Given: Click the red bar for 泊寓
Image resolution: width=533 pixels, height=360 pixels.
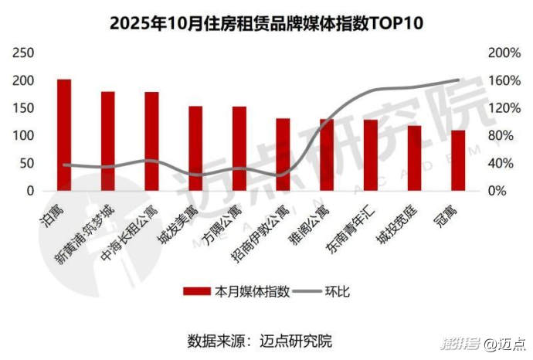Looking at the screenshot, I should [x=64, y=135].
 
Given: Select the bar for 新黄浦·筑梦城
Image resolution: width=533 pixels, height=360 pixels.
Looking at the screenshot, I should [x=108, y=141].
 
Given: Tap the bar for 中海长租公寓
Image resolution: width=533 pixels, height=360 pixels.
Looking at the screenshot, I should [x=151, y=141].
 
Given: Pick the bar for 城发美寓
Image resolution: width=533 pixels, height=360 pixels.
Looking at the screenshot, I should [x=195, y=148].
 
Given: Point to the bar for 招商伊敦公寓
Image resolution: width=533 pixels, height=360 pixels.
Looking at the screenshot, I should [x=283, y=155].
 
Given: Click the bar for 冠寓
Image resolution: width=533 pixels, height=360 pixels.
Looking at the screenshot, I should [x=458, y=161].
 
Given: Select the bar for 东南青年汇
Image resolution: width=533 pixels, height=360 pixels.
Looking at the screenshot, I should [x=371, y=155].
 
